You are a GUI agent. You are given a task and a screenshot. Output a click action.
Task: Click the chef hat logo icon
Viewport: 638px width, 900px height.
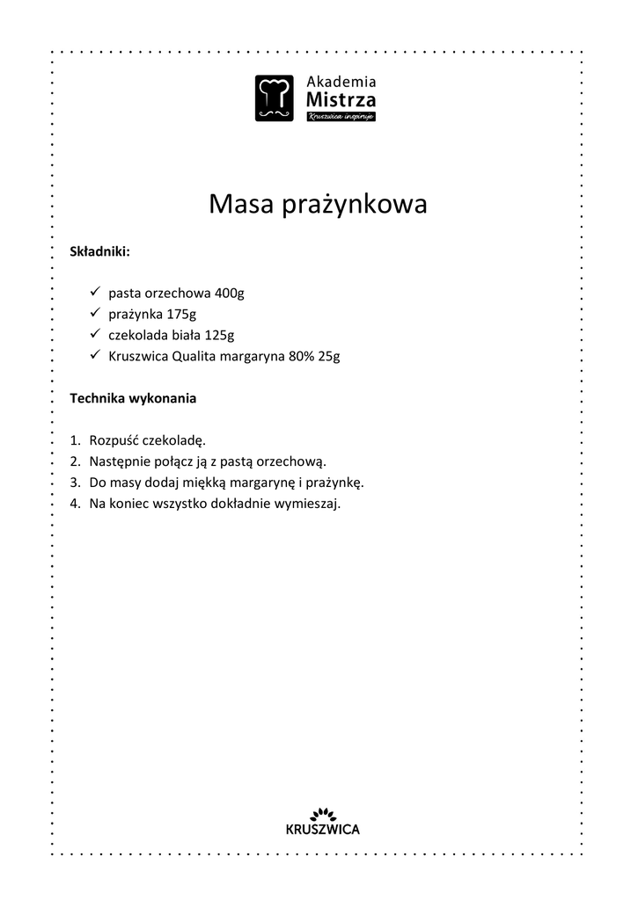point(275,98)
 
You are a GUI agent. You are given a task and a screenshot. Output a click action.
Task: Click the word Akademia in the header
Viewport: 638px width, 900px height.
point(341,82)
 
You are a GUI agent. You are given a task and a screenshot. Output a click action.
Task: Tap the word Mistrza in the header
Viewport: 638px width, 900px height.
point(341,100)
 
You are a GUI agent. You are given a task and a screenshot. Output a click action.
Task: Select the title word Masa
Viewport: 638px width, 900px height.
point(241,205)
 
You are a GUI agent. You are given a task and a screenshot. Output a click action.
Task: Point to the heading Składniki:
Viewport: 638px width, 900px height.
point(100,252)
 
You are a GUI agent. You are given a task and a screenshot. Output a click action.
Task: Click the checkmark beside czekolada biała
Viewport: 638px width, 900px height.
point(96,334)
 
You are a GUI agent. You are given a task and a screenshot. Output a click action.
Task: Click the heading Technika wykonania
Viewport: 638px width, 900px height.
point(133,398)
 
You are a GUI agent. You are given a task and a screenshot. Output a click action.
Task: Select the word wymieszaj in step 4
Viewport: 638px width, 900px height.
point(309,504)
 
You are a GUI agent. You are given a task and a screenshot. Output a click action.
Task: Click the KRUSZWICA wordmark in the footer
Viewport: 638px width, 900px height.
point(323,829)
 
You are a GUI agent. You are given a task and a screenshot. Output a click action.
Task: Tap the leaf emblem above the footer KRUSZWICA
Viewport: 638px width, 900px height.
point(323,813)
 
